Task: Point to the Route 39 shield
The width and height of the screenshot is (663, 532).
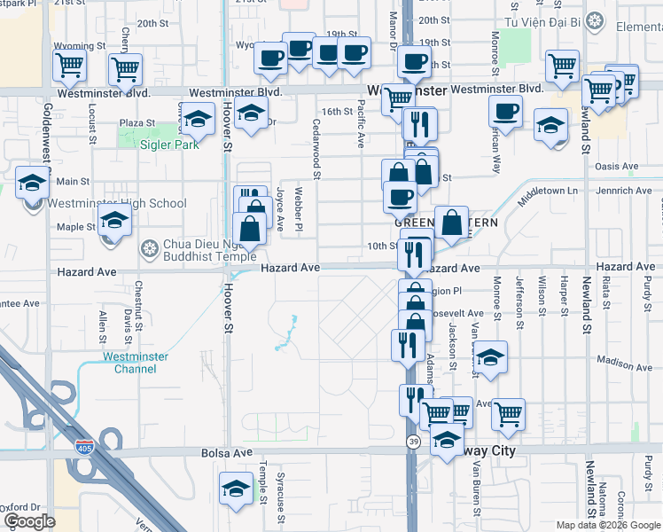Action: pos(413,441)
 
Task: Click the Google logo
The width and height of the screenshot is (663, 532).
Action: pos(28,521)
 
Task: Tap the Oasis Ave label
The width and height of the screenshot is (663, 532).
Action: pos(617,166)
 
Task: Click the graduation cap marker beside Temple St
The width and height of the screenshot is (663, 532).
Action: pos(236,489)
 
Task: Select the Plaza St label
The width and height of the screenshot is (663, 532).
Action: pos(137,123)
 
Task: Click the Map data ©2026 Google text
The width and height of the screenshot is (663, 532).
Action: pos(608,525)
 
